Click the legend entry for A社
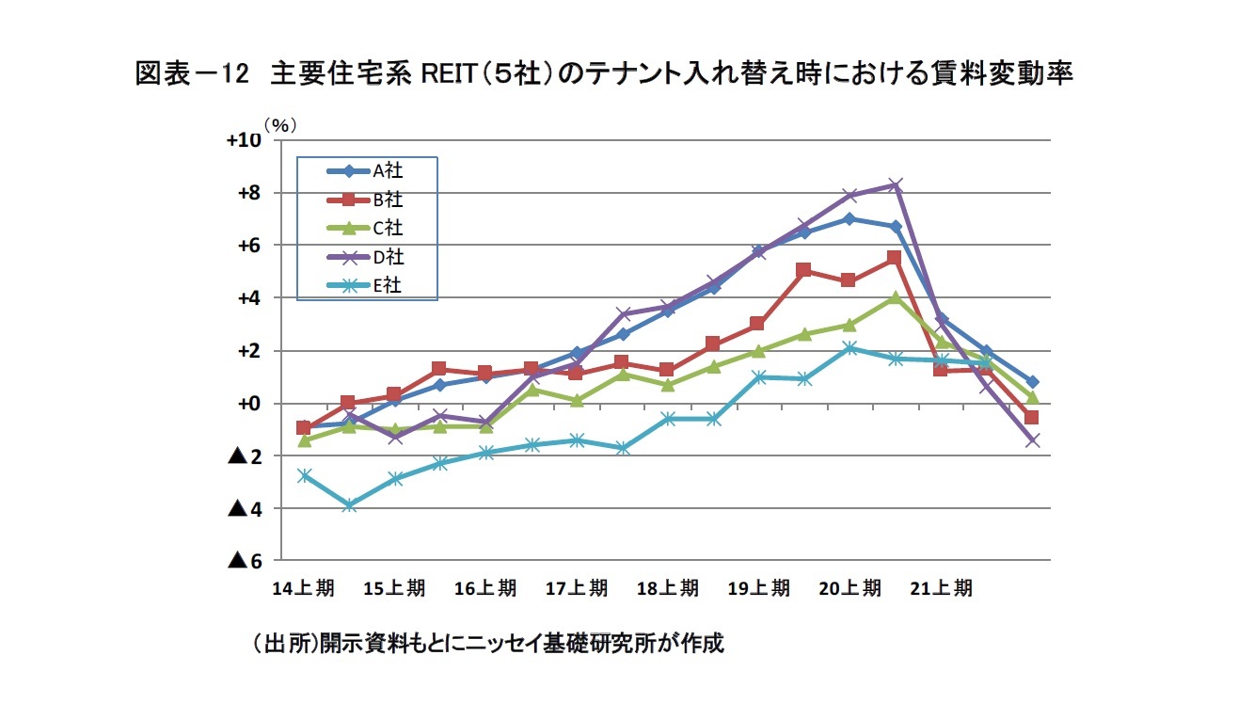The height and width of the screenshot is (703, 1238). [367, 170]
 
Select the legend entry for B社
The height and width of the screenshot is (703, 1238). [367, 200]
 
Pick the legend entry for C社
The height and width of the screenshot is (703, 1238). [367, 228]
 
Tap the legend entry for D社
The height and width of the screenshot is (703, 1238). [367, 257]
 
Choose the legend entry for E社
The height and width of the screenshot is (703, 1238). [367, 286]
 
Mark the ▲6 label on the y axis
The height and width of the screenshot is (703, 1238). [245, 561]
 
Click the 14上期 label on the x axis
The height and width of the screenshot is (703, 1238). [302, 588]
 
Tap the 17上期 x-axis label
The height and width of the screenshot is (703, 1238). [576, 588]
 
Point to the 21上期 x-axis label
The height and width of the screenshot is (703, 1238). [942, 588]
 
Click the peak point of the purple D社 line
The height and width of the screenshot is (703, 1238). [896, 185]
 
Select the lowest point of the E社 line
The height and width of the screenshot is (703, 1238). [349, 505]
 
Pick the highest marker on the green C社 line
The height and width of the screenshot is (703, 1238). [896, 298]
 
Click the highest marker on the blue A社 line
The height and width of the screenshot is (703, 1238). [849, 219]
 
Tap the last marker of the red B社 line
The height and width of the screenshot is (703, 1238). [1032, 418]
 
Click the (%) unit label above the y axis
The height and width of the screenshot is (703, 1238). [279, 123]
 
